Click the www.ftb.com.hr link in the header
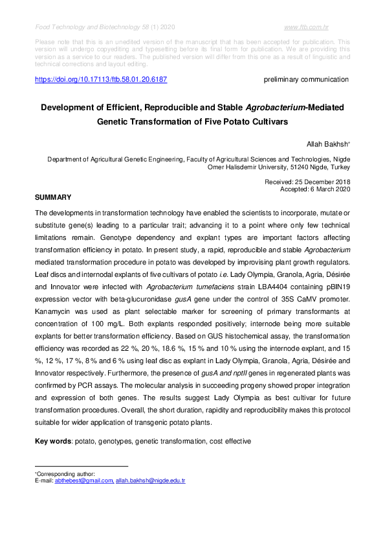307,28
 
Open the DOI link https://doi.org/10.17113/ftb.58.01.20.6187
100,79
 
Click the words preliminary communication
306,79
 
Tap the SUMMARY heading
52,196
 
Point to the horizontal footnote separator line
81,466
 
